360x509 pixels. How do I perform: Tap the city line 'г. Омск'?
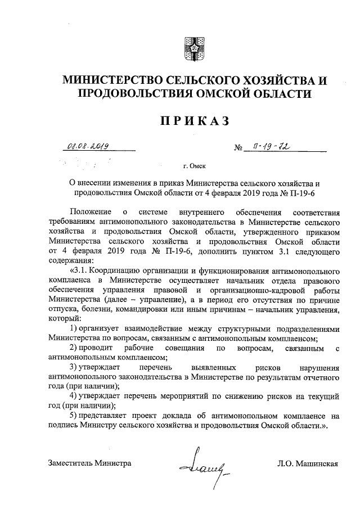point(193,167)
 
